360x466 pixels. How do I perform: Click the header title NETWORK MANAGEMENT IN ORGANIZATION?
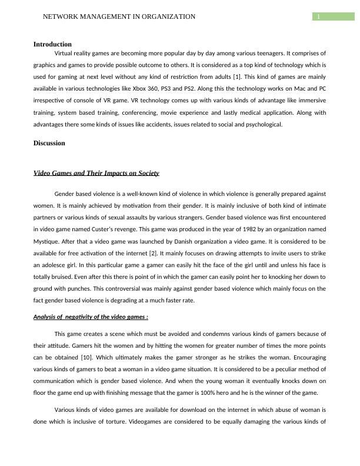pos(119,17)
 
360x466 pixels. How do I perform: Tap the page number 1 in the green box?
pos(318,17)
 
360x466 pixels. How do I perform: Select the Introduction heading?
pos(52,44)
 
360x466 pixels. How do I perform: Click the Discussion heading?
pos(49,143)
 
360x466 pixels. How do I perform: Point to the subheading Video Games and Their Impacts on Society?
pos(96,173)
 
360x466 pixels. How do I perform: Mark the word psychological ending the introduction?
pos(264,124)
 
